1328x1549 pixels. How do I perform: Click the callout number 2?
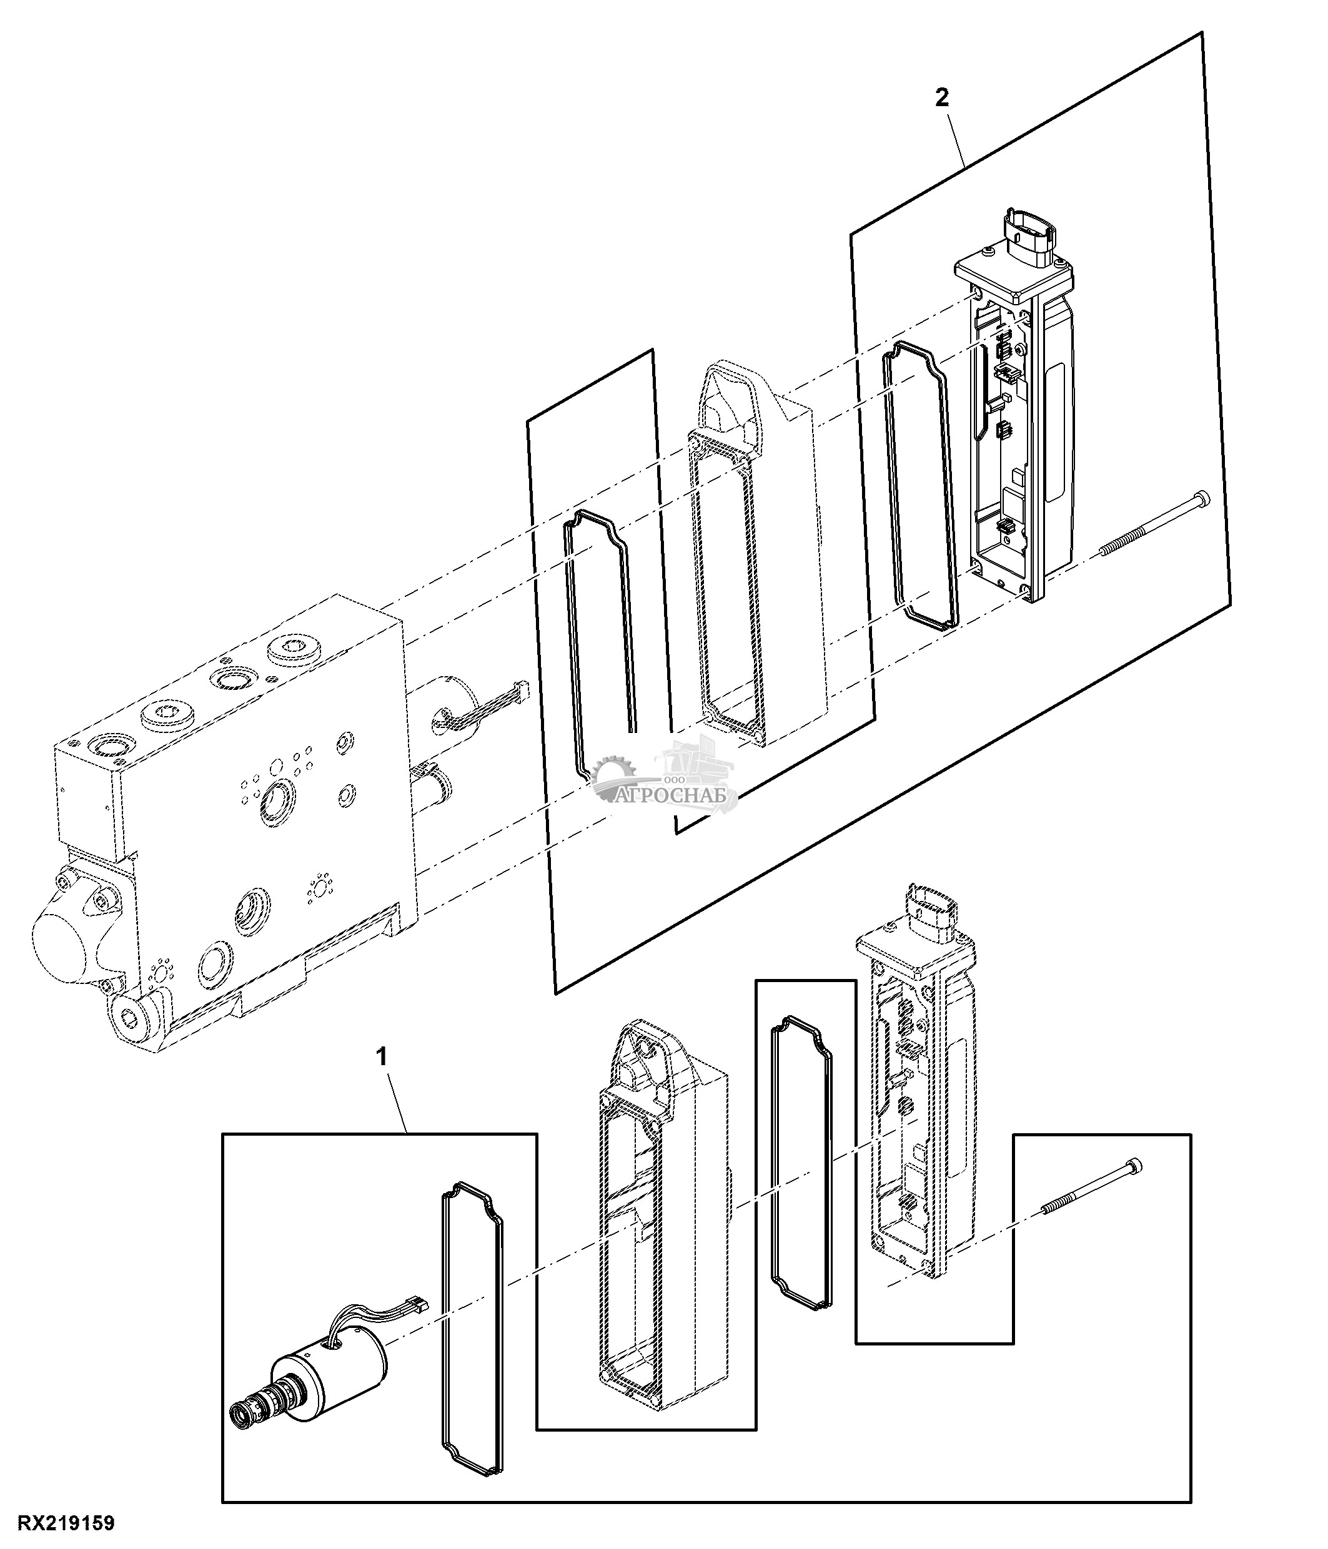pyautogui.click(x=941, y=98)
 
